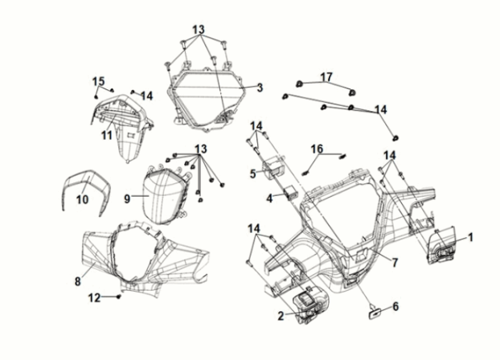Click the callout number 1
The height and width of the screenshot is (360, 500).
(471, 237)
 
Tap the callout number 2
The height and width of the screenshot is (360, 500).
(281, 316)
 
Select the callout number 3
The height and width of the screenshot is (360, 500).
(260, 88)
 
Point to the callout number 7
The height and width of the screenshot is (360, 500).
(395, 262)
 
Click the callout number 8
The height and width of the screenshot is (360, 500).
(77, 281)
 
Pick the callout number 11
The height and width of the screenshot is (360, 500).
(105, 135)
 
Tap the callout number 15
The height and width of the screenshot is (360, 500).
(98, 81)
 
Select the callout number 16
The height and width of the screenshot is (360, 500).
(318, 149)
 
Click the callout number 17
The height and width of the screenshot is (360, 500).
(326, 76)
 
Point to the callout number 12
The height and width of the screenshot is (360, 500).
(93, 297)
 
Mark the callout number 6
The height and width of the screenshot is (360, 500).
(395, 306)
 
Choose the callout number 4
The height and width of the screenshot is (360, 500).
(270, 198)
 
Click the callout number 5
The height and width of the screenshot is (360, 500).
(252, 173)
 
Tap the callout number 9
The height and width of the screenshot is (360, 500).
(127, 197)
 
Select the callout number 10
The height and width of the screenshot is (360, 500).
(80, 198)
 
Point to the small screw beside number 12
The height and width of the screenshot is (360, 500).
(119, 297)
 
